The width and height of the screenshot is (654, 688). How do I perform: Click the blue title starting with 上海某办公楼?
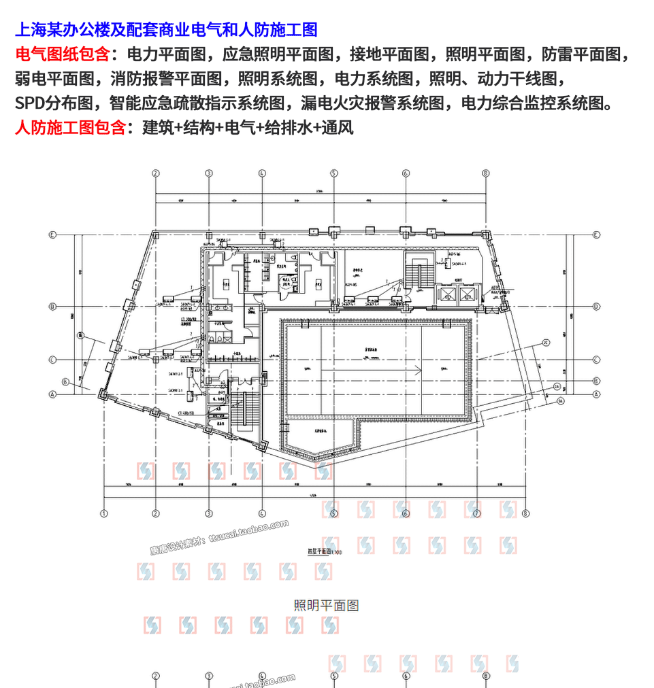click(x=166, y=30)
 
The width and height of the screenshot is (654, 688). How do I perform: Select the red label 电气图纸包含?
click(x=61, y=54)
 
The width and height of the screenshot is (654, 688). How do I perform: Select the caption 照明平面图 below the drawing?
click(x=327, y=605)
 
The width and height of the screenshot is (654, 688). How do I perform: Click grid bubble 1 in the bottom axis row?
click(x=104, y=514)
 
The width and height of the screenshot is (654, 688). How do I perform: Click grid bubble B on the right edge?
click(x=596, y=381)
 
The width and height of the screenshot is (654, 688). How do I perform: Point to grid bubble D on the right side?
click(x=596, y=307)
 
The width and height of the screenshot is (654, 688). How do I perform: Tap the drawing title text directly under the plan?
click(x=319, y=553)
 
